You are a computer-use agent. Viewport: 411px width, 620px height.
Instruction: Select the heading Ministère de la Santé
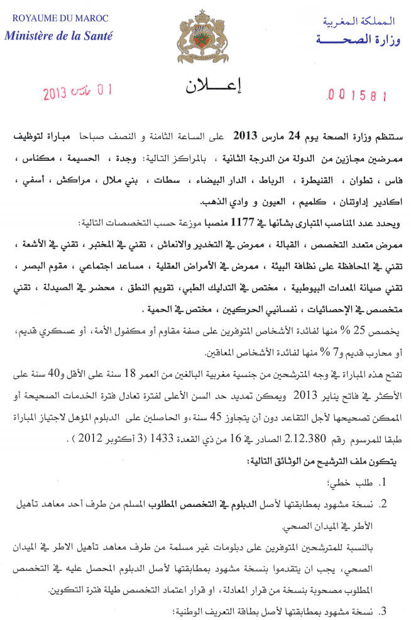(58, 36)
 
